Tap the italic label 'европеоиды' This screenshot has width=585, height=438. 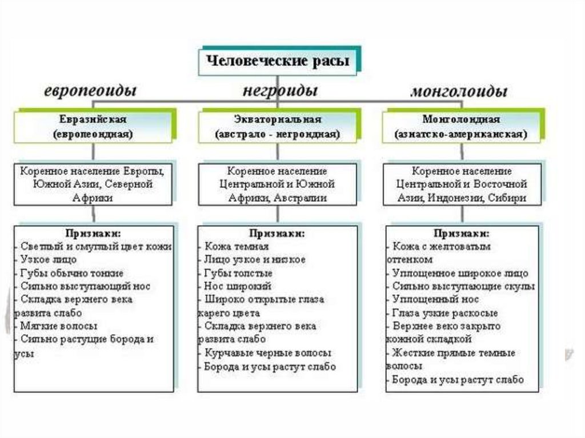[91, 91]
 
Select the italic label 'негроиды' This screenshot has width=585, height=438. [279, 91]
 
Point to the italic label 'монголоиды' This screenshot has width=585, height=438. [459, 91]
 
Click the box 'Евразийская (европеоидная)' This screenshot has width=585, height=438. [93, 127]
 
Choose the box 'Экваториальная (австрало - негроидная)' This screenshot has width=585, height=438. [278, 127]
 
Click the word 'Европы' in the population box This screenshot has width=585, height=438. [145, 171]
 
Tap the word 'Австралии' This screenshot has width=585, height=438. [300, 198]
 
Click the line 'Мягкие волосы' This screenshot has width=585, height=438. [58, 326]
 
